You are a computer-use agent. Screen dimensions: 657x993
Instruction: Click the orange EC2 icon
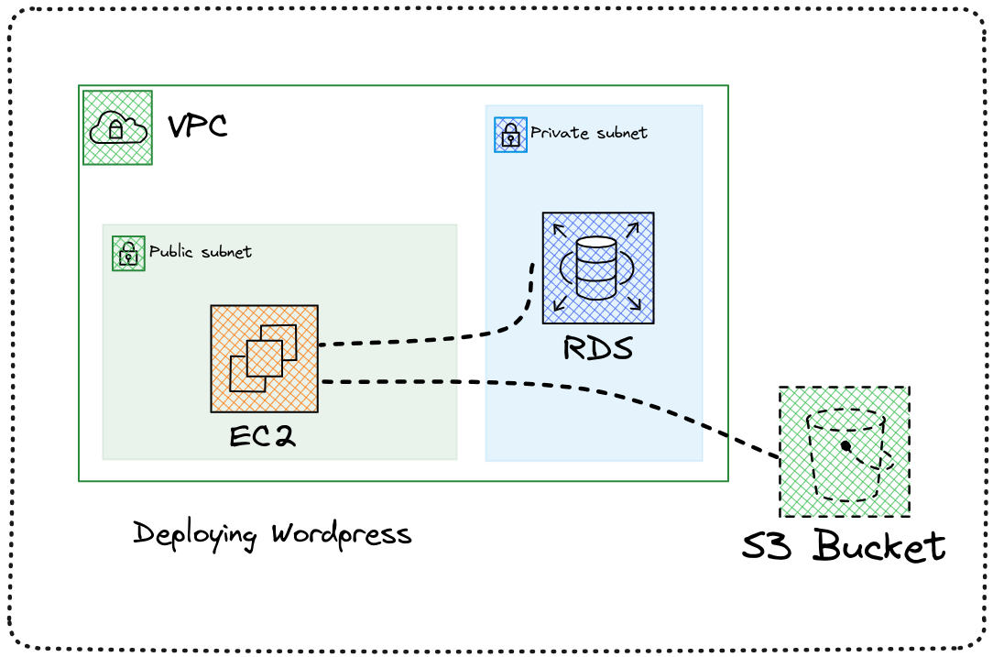(264, 358)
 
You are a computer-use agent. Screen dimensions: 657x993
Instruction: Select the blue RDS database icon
(597, 268)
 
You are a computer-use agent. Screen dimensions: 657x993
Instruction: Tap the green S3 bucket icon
(844, 452)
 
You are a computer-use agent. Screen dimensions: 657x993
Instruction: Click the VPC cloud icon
(117, 127)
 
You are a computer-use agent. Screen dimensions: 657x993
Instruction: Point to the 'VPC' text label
(197, 126)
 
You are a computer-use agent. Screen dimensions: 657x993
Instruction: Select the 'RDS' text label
(598, 349)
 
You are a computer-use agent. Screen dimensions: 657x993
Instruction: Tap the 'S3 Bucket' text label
(843, 547)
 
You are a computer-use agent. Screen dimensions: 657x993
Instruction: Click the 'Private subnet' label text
(588, 133)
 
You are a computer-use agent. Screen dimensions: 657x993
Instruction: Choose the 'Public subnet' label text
(200, 251)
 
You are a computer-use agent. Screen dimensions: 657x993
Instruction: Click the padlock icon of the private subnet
(510, 135)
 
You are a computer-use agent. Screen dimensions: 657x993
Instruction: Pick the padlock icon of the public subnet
(128, 254)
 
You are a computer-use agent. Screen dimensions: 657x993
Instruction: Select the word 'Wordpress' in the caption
(342, 534)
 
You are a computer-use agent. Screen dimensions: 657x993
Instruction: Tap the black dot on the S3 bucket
(846, 446)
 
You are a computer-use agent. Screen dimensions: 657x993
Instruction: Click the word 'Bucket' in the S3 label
(879, 547)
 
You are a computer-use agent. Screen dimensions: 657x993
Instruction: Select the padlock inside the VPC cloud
(116, 131)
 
